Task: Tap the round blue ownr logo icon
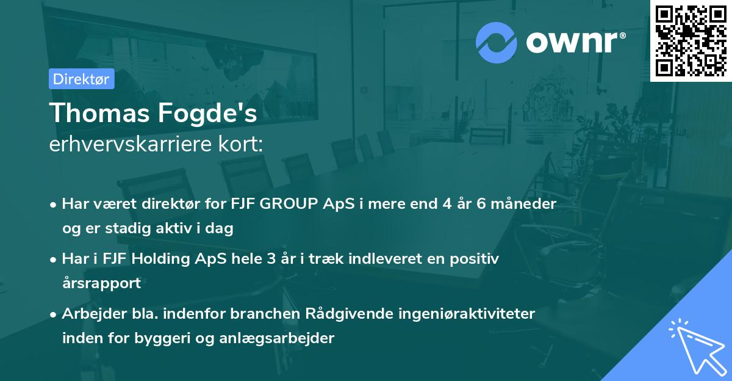coord(496,43)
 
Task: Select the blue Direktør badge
coord(81,79)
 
